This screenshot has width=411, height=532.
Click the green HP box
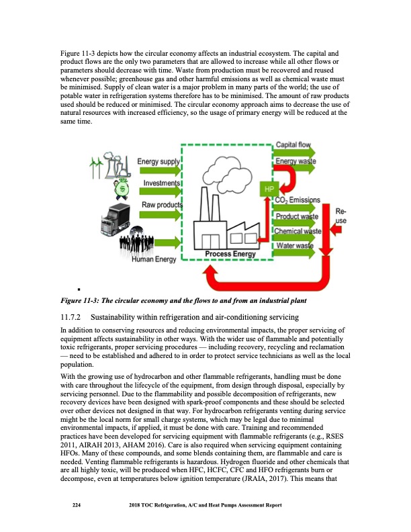[x=269, y=189]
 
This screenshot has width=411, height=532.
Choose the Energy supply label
[x=157, y=162]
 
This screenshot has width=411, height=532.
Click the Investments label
[x=161, y=183]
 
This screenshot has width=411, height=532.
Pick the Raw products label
[x=161, y=205]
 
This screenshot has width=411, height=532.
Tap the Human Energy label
[x=153, y=260]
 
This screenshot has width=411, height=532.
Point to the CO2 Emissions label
[x=298, y=200]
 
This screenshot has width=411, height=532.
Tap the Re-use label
[x=340, y=216]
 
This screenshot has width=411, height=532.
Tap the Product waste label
[x=297, y=216]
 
